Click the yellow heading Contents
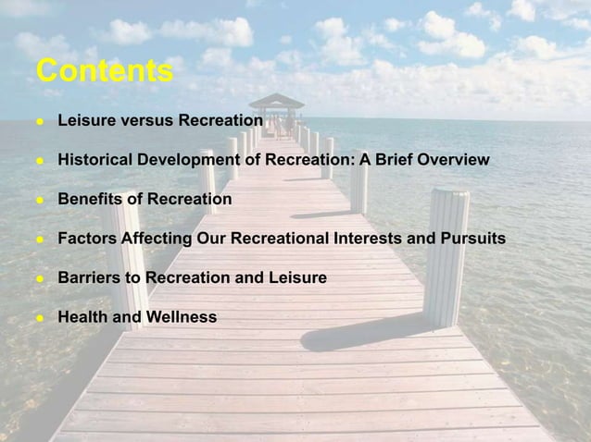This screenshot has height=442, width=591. coord(104,71)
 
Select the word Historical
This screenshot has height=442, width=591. coord(95,160)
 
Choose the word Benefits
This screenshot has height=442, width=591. coord(89,199)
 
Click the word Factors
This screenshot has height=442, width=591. coord(85,239)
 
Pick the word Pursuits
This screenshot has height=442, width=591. coord(472,239)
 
